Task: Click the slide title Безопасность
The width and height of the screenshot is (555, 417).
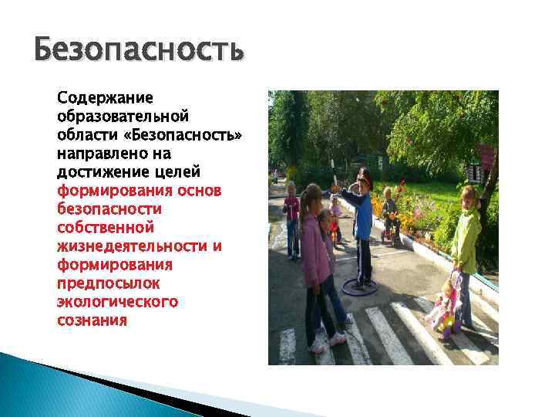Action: (140, 53)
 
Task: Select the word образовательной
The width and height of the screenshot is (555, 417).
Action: (123, 117)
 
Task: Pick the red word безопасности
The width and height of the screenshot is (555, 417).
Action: (109, 208)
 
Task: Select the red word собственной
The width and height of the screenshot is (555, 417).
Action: (106, 227)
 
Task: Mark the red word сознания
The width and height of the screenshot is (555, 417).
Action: (92, 320)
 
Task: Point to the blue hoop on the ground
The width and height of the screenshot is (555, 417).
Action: (360, 287)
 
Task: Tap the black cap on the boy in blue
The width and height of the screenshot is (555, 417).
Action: (364, 176)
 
